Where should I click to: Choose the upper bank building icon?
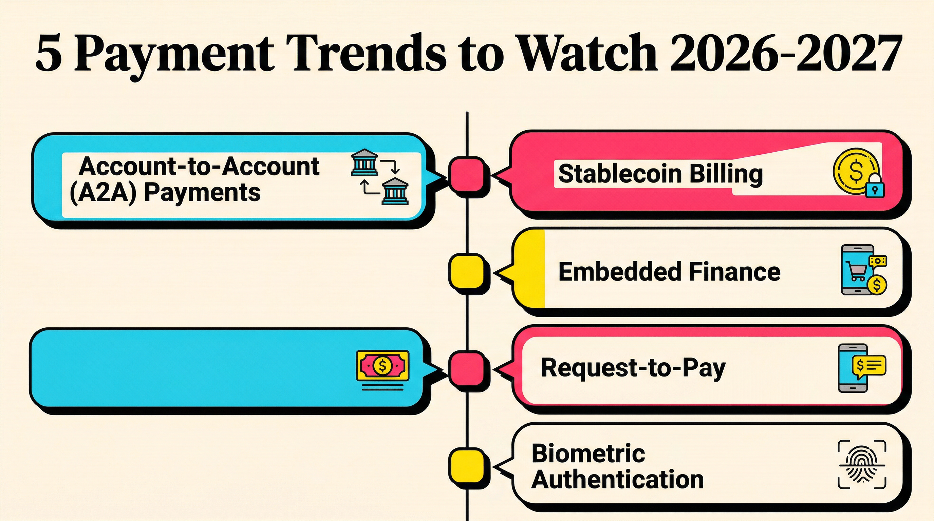[x=365, y=163]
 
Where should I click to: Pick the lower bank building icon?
[x=395, y=192]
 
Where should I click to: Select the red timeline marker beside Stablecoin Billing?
[x=467, y=175]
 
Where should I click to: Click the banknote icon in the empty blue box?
[x=382, y=366]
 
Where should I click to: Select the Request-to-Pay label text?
[x=633, y=368]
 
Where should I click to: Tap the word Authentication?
[x=617, y=480]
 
